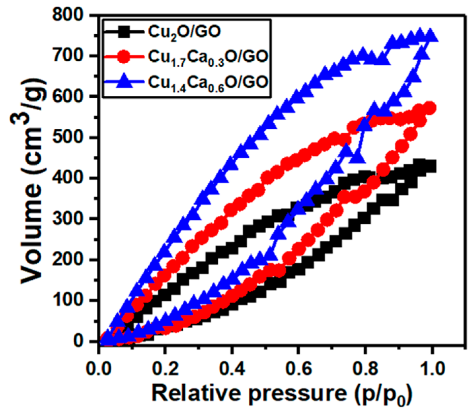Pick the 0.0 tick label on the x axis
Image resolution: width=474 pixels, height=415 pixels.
coord(99,369)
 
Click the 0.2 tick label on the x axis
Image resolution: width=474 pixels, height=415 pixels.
coord(165,369)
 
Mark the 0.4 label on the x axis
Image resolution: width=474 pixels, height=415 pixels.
coord(232,369)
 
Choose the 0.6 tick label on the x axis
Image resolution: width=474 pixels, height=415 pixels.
coord(298,369)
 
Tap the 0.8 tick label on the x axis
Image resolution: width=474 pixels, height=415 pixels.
coord(365,369)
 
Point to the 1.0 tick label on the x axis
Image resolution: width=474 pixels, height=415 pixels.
coord(431,369)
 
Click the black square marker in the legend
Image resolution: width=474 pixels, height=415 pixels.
coord(125,32)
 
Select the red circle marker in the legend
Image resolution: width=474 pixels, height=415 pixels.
coord(125,57)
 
